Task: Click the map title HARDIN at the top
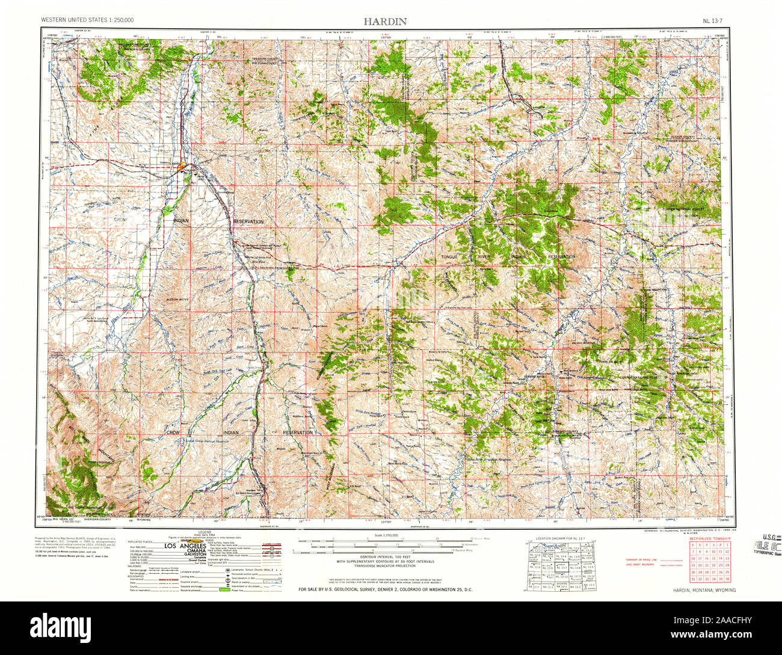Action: pyautogui.click(x=385, y=21)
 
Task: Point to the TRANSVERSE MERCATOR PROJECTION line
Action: pyautogui.click(x=385, y=566)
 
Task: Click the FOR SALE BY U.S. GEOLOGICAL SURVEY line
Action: pyautogui.click(x=385, y=589)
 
